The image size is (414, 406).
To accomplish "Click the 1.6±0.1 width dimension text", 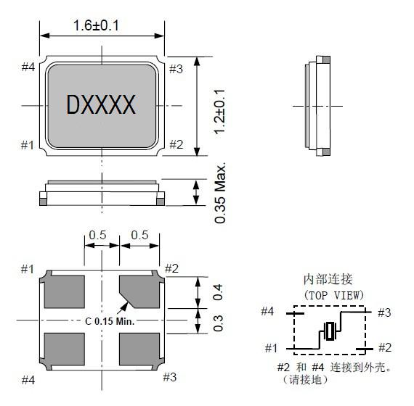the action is (96, 25).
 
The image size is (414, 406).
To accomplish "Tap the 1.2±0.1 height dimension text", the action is (219, 112).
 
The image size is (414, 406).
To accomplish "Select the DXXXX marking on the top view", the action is (101, 104).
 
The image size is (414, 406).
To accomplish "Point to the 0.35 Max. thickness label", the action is (220, 194).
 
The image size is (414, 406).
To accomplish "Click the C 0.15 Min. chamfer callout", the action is (110, 321).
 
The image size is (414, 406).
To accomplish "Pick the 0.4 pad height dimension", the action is (218, 292).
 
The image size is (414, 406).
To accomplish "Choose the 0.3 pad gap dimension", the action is (218, 323).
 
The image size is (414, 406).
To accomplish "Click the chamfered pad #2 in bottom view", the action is (139, 291).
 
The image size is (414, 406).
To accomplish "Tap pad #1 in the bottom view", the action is (64, 291).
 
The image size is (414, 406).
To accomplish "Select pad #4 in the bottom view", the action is (64, 349).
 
